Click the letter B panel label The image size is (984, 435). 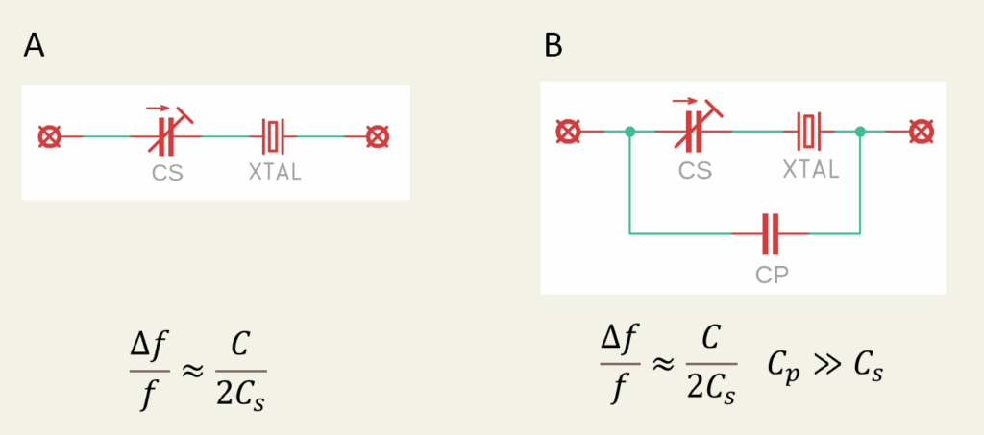coord(554,45)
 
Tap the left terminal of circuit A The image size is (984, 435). coord(49,136)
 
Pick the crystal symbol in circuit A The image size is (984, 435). coord(275,136)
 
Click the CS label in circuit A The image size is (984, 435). coord(167,175)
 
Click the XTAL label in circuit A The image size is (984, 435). coord(275,175)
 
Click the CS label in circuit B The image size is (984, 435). coord(695,170)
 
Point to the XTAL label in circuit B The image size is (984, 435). coord(810,170)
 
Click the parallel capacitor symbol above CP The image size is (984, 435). coord(770,232)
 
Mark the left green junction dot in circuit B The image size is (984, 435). coord(628,131)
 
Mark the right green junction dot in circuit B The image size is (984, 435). coord(859,131)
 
